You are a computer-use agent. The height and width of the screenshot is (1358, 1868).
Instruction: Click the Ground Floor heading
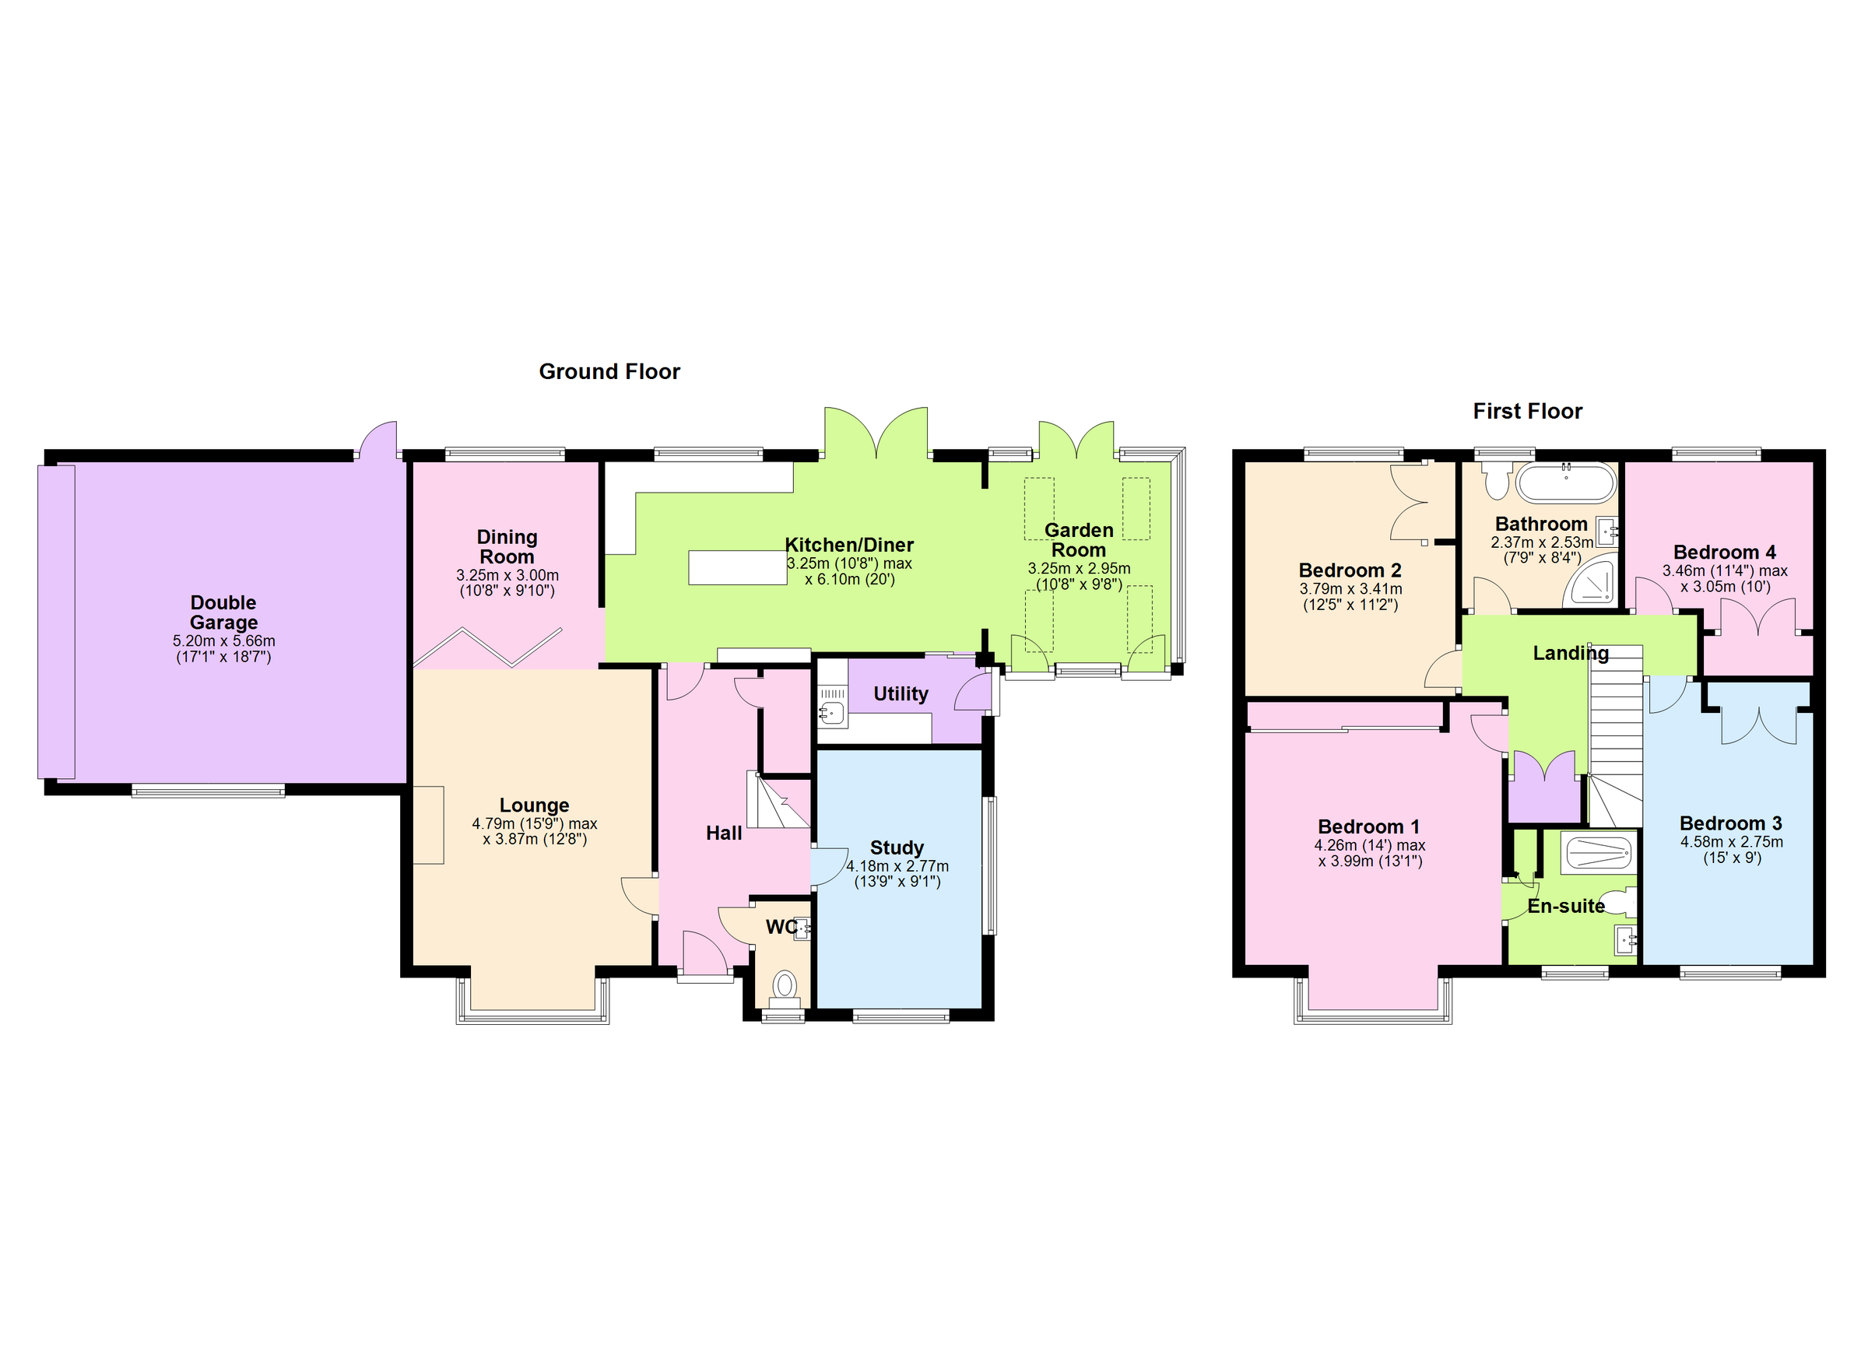pos(609,371)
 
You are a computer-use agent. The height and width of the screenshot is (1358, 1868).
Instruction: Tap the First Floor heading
pos(1527,411)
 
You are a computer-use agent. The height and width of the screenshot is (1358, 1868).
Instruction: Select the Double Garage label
pos(223,612)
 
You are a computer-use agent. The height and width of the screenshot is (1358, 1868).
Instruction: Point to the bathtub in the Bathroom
pos(1566,483)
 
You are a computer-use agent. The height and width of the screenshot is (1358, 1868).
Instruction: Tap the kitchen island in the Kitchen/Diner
pos(737,567)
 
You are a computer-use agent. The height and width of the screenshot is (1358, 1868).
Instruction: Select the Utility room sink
pos(833,714)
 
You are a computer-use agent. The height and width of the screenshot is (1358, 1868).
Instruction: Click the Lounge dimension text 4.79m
pos(493,823)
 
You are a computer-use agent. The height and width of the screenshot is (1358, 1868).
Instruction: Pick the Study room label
pos(896,847)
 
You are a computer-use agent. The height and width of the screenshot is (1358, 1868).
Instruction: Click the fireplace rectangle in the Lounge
pos(428,824)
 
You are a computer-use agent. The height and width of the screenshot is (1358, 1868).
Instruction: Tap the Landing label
pos(1570,653)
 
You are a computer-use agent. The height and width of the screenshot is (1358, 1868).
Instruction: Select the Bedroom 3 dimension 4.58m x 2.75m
pos(1731,841)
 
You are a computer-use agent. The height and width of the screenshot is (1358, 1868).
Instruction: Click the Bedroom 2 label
pos(1349,570)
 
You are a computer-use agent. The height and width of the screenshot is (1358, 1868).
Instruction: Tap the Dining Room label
pos(507,546)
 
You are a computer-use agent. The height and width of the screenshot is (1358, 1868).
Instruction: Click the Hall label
pos(723,833)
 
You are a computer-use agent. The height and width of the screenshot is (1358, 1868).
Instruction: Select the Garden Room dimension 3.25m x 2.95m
pos(1078,568)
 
